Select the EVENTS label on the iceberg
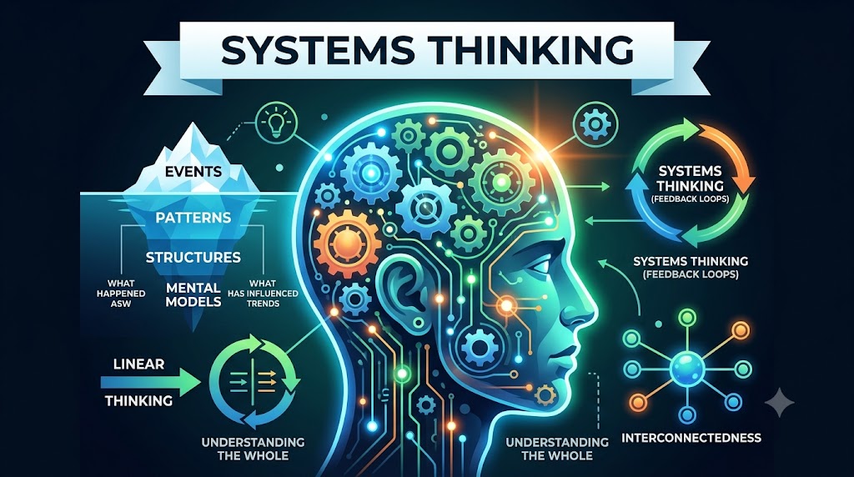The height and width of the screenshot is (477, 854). (193, 172)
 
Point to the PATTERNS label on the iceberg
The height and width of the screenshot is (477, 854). (193, 218)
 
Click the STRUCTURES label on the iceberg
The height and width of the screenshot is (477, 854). (193, 257)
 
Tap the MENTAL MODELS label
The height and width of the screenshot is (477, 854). (193, 294)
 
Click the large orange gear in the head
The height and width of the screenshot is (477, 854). (347, 243)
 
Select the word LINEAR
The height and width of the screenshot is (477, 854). (139, 364)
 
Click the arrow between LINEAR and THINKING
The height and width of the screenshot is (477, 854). (150, 382)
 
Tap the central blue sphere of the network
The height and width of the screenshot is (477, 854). (687, 369)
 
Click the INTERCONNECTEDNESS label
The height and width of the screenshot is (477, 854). (691, 438)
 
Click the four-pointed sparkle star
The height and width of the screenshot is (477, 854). (780, 402)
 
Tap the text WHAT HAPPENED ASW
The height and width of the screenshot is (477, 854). (121, 294)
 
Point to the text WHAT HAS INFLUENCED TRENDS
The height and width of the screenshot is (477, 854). (263, 294)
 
